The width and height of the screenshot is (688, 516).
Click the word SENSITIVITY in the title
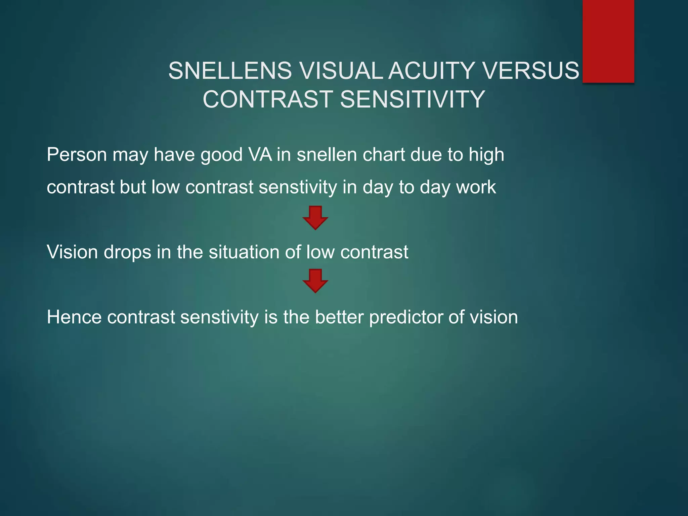pyautogui.click(x=413, y=99)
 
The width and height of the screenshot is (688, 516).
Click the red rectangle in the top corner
pyautogui.click(x=608, y=41)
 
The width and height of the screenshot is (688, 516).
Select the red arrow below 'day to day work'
pyautogui.click(x=315, y=218)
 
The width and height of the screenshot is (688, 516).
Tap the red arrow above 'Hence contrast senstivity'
pyautogui.click(x=315, y=281)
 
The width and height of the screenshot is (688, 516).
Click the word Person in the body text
pyautogui.click(x=77, y=155)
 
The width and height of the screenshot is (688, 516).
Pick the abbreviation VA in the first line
pyautogui.click(x=260, y=155)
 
